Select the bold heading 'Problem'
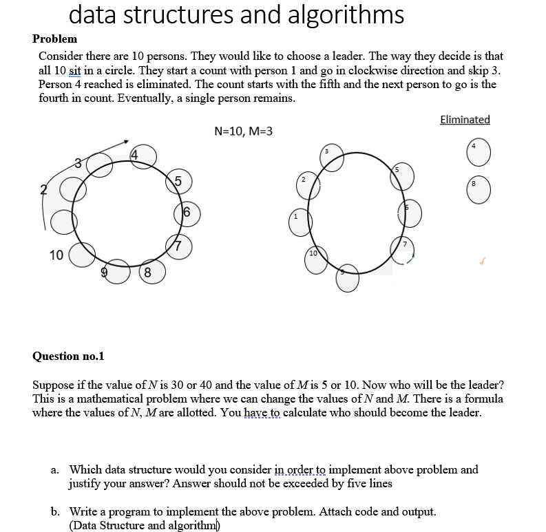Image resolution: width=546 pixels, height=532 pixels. click(x=55, y=39)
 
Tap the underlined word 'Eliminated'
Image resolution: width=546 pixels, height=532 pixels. click(x=465, y=120)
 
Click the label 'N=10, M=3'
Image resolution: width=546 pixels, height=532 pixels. click(x=243, y=131)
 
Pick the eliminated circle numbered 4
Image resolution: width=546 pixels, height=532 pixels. click(x=479, y=151)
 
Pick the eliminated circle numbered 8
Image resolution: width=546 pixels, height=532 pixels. click(x=479, y=190)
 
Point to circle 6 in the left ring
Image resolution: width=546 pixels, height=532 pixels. click(x=188, y=214)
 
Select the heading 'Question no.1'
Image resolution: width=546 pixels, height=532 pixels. click(x=69, y=356)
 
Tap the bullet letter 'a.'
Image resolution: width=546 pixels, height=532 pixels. click(x=55, y=470)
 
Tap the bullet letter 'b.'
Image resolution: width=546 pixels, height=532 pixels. click(x=55, y=512)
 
